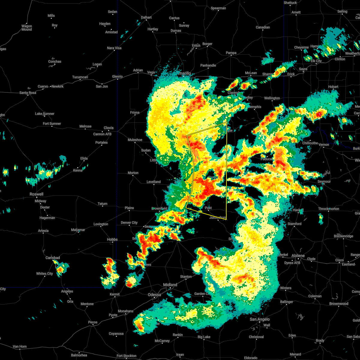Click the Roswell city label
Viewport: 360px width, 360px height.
coord(36,194)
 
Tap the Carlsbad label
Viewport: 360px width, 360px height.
coord(52,258)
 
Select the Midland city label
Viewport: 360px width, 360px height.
coord(170,285)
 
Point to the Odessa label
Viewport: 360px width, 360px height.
coord(154,295)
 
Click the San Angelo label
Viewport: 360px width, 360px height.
coord(260,319)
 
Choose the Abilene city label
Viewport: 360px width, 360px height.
coord(298,256)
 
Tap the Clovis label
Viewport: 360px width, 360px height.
coord(109,128)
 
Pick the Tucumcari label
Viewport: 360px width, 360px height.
coord(80,77)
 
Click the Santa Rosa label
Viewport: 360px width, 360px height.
coord(28,93)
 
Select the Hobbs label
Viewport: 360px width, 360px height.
coord(112,239)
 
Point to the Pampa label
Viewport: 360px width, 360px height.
coord(231,53)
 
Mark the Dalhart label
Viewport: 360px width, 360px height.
coord(146,17)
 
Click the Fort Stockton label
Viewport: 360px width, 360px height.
coord(127,356)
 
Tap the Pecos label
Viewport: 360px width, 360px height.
coord(93,322)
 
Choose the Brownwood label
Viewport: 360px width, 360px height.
coord(339,304)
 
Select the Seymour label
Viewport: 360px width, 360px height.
coord(324,181)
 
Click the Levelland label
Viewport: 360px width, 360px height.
coord(154,182)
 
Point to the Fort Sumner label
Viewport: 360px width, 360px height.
coord(52,124)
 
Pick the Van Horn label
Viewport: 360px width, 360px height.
coord(20,346)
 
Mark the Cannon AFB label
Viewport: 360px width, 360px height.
coord(102,134)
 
